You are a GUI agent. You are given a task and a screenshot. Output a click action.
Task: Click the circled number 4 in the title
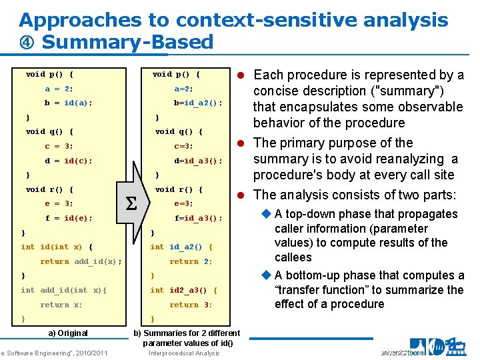27,43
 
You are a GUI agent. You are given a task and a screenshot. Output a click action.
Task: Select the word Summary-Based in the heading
127,43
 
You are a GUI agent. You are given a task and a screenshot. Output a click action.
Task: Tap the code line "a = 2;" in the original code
59,89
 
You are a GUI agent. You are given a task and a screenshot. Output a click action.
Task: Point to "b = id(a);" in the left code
69,103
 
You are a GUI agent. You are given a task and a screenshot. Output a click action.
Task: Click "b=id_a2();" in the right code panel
198,103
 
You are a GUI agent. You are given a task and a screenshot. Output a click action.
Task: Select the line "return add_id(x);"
81,261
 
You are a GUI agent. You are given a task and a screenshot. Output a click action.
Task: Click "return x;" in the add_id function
61,305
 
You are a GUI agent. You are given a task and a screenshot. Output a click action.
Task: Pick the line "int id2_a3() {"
183,290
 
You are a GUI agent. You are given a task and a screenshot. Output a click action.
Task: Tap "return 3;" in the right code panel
191,305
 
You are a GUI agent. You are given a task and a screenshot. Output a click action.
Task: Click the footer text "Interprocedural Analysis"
184,353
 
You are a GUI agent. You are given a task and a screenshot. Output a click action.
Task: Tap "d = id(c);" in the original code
69,161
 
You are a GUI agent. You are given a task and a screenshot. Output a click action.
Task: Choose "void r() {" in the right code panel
179,189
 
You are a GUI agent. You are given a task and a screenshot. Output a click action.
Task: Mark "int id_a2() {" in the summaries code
181,247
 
